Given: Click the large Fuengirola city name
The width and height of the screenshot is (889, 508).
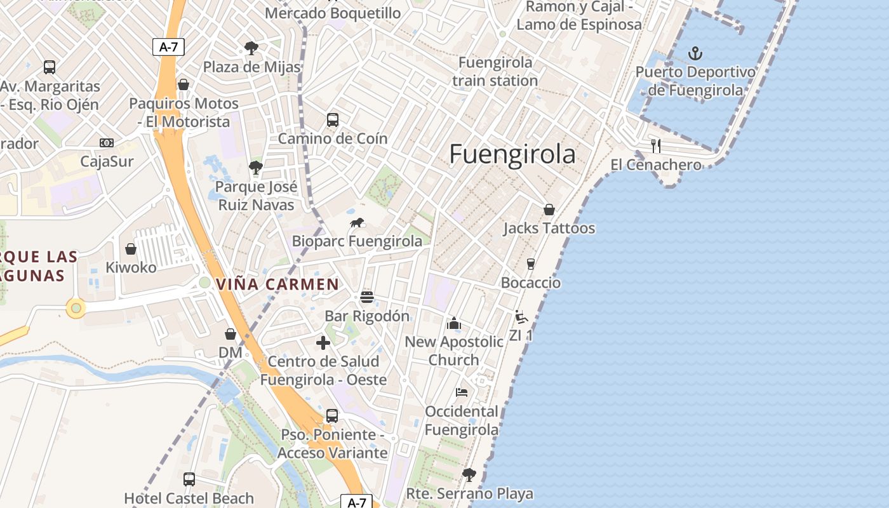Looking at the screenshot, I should [x=512, y=154].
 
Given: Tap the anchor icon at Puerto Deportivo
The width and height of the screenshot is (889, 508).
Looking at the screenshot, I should [x=695, y=53].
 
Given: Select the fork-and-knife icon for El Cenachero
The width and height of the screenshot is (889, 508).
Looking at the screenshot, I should [x=656, y=146].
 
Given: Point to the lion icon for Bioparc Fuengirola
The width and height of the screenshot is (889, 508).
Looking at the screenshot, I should [x=358, y=222].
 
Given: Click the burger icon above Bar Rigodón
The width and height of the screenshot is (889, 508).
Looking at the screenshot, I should [x=366, y=297].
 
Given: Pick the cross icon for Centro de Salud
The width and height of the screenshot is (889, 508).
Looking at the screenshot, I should [x=323, y=343].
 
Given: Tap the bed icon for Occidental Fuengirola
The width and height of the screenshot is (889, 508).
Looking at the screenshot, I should [x=462, y=392].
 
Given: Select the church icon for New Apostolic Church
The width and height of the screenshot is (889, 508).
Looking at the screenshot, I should [x=454, y=324].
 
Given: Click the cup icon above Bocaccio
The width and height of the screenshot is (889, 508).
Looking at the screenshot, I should [x=531, y=264].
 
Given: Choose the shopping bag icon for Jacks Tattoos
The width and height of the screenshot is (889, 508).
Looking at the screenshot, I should [x=549, y=210].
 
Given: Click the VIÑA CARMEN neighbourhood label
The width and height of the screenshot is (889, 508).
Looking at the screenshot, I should [x=277, y=284].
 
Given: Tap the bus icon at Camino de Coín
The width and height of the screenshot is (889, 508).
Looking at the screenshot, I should [x=332, y=119].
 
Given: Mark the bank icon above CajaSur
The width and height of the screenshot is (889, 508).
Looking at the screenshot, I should [x=107, y=143].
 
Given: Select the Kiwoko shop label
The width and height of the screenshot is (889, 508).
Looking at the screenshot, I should [x=131, y=267].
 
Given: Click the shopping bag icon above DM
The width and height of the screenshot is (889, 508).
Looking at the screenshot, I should [x=231, y=334].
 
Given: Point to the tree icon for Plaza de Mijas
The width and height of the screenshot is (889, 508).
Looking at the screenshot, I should [x=251, y=48].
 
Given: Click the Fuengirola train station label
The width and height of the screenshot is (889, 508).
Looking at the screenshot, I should [x=495, y=72].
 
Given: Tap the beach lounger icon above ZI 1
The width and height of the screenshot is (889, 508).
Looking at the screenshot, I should [x=521, y=316].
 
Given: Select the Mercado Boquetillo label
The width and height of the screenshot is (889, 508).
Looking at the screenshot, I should [x=333, y=13].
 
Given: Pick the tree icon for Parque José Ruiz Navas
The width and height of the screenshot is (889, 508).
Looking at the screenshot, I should [x=256, y=168].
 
